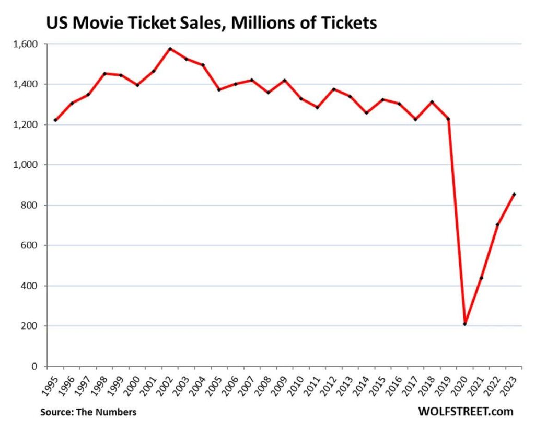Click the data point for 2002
coord(170,49)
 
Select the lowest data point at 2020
coord(464,324)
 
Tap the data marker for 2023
coord(514,195)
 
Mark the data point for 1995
coord(55,120)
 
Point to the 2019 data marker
coord(448,119)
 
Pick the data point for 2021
coord(481,278)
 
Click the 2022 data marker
coord(497,224)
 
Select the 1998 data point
coord(104,73)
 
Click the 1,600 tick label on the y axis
coord(25,44)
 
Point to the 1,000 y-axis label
coord(25,165)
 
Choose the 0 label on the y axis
coord(36,366)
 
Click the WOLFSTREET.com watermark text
coord(465,412)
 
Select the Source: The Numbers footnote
coord(88,412)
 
